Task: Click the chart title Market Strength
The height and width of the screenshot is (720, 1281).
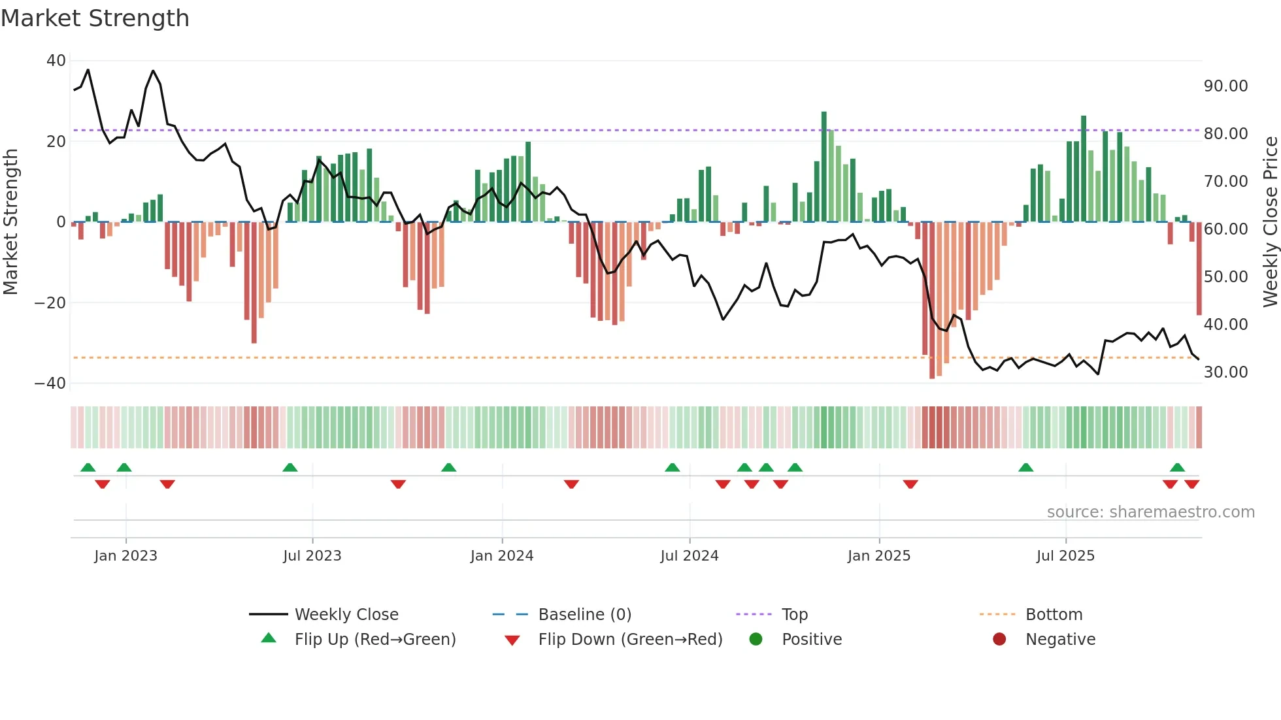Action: [95, 18]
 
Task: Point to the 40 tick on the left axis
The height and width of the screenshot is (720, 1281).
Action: [56, 61]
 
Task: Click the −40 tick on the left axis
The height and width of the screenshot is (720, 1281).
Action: [50, 384]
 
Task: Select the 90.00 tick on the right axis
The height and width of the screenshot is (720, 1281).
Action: [1225, 86]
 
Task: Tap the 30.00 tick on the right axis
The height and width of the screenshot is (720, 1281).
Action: [1225, 372]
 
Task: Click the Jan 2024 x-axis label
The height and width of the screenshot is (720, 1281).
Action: [501, 556]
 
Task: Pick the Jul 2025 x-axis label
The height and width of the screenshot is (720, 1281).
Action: [1065, 556]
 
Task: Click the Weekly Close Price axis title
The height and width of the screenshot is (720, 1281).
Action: [1270, 222]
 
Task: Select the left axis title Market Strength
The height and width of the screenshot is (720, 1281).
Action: [10, 222]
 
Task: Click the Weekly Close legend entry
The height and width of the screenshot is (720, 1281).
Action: [346, 615]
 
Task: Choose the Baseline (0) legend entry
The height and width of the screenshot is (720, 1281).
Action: [584, 615]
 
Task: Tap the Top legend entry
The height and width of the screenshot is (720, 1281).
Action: [794, 615]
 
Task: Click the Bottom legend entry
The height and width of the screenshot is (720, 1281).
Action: [1054, 615]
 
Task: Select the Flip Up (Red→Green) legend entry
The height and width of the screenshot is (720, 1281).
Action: [374, 640]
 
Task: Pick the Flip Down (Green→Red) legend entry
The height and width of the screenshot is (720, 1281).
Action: [630, 640]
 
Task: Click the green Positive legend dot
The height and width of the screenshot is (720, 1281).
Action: [756, 640]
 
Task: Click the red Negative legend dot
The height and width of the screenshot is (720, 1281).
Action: [999, 640]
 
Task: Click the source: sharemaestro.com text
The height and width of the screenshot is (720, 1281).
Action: [1150, 512]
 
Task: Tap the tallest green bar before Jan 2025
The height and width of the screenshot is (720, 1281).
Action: [823, 167]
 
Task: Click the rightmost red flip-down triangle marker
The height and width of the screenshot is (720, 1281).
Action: [1191, 484]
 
